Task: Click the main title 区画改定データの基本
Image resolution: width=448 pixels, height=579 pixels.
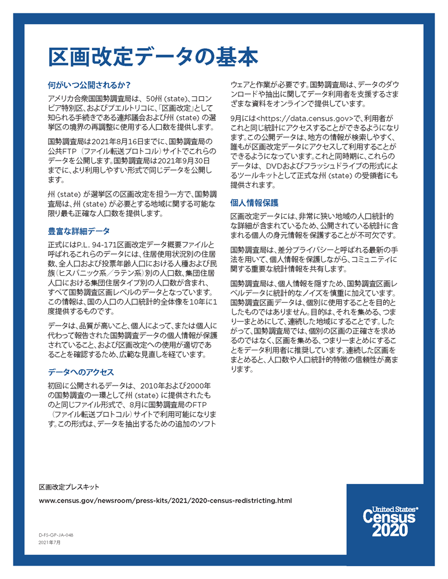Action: [x=152, y=57]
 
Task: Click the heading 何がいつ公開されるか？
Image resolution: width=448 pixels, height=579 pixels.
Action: [x=90, y=86]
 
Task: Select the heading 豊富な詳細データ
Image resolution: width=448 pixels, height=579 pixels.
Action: [x=78, y=230]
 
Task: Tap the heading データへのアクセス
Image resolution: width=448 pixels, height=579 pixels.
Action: [x=81, y=372]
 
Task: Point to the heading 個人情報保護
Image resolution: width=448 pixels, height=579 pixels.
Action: [x=254, y=203]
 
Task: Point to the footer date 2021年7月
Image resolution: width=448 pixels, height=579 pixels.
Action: [x=49, y=543]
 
